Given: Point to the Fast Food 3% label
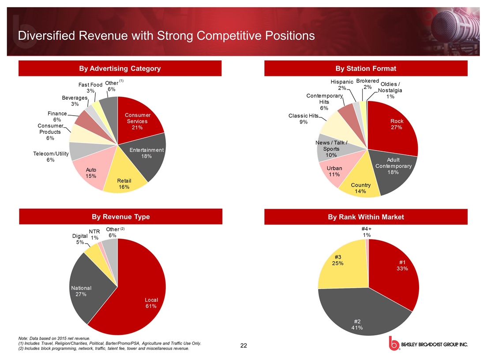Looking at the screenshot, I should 90,87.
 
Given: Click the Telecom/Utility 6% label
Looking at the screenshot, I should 51,157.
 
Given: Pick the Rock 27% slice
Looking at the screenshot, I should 395,126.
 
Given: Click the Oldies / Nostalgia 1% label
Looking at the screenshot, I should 390,90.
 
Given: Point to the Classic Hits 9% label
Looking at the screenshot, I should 303,119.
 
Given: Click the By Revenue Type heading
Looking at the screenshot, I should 120,217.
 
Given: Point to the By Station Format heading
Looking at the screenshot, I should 365,68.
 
